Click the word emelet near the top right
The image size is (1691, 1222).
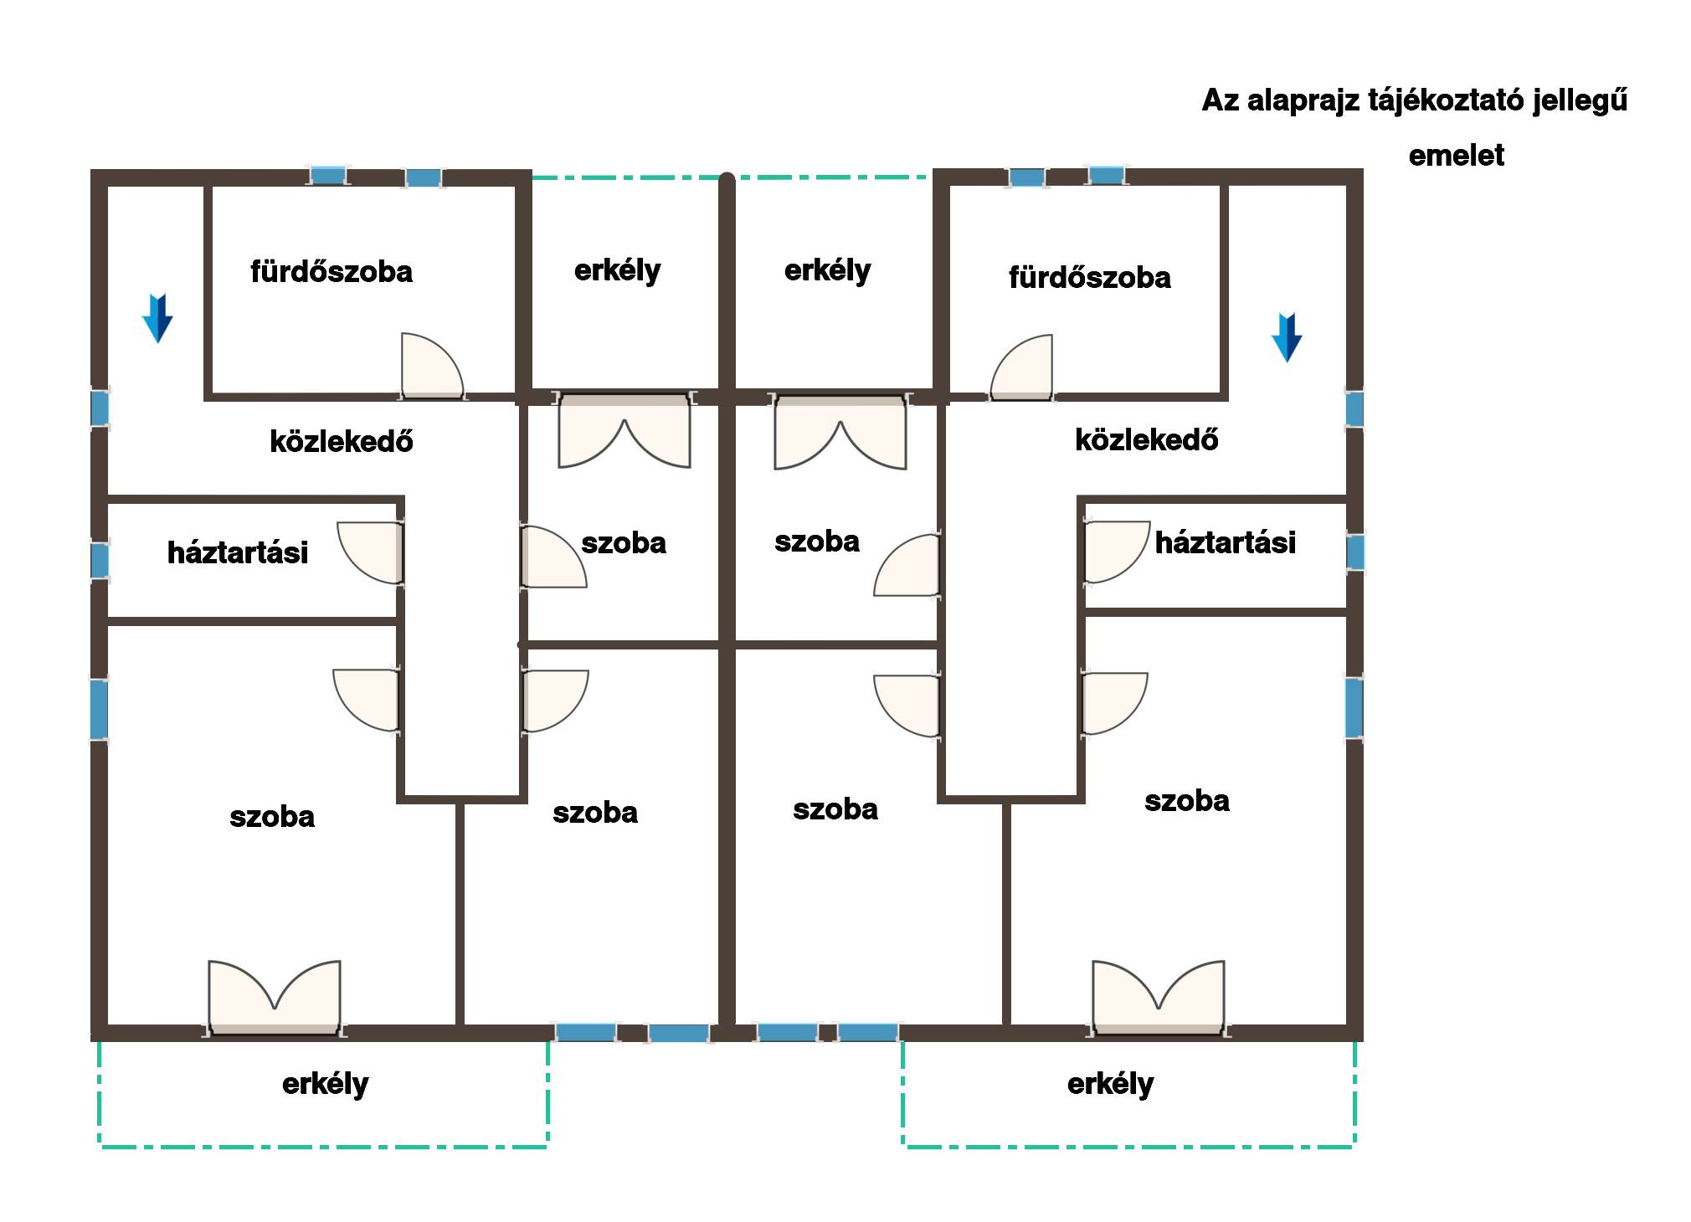click(1456, 156)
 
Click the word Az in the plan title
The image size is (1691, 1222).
click(1221, 100)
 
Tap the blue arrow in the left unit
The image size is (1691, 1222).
click(157, 318)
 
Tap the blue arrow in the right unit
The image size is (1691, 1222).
click(1287, 337)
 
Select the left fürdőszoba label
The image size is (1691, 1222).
click(332, 271)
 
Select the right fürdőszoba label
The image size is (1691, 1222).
click(1089, 277)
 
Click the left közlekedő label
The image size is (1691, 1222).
click(342, 441)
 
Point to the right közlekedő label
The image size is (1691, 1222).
click(1147, 439)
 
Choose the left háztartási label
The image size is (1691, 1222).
click(238, 552)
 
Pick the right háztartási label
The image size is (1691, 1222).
click(1226, 542)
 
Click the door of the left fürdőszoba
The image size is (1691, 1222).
click(432, 366)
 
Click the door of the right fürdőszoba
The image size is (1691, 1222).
click(1021, 367)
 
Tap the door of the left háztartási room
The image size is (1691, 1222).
click(370, 552)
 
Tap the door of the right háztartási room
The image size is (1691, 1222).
click(1117, 552)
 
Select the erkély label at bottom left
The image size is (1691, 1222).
click(326, 1084)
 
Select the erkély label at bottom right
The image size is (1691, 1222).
click(1111, 1084)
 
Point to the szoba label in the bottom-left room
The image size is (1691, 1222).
click(272, 817)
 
